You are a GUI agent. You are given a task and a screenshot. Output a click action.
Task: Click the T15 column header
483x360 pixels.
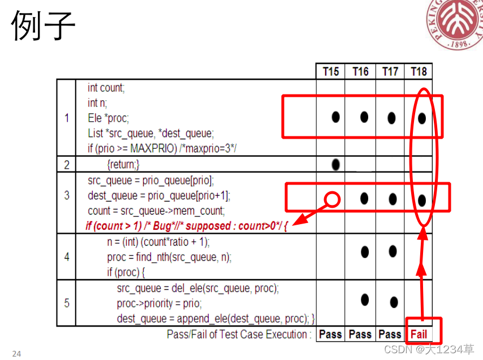click(331, 71)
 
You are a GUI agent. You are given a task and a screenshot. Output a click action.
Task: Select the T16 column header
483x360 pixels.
click(360, 71)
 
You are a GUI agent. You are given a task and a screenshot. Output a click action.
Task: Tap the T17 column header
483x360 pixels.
click(390, 71)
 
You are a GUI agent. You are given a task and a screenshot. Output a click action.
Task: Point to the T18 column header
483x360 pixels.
click(419, 71)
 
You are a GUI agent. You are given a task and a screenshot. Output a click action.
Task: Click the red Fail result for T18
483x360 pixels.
click(419, 334)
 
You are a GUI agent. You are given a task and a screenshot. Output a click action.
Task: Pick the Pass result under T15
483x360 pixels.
click(330, 334)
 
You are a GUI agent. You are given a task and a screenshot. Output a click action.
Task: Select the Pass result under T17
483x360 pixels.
click(390, 334)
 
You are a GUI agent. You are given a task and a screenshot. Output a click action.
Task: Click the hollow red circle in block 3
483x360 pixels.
click(333, 199)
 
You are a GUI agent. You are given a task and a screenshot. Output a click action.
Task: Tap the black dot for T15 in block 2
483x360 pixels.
click(336, 164)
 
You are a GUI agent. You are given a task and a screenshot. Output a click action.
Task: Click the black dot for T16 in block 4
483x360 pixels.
click(365, 251)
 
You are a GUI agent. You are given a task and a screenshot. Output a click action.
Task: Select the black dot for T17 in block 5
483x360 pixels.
click(394, 302)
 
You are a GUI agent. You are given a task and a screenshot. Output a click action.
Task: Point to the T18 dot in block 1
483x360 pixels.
click(421, 118)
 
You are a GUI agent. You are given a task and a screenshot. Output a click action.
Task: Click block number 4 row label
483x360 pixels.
click(67, 256)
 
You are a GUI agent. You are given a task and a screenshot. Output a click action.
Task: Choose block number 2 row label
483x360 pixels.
click(67, 164)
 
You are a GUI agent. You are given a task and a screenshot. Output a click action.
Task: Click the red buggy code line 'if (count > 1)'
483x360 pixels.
click(187, 226)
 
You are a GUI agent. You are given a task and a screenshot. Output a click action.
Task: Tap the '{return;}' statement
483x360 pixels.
click(123, 164)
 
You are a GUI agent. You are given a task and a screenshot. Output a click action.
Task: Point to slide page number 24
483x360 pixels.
click(16, 354)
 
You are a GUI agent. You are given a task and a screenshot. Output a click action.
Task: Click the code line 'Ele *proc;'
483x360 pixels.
click(109, 118)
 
